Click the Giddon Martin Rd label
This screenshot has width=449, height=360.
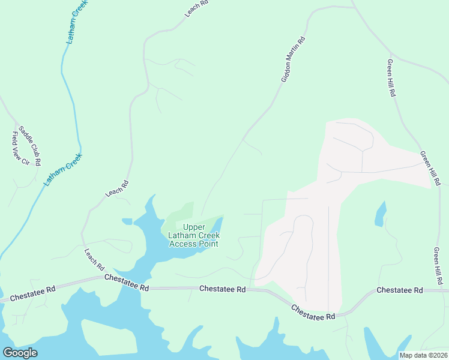(294, 59)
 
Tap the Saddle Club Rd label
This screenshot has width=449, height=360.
(29, 145)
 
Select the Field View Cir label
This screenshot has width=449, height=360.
(17, 148)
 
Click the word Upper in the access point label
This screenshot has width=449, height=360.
(193, 227)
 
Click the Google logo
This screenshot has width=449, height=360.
(20, 352)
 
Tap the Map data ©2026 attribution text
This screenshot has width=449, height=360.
(423, 355)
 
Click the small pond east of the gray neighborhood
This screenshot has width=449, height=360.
(380, 214)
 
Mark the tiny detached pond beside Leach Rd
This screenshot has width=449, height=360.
(127, 221)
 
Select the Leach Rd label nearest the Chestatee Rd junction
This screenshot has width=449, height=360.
(95, 259)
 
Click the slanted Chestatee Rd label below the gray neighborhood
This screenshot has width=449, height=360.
(313, 312)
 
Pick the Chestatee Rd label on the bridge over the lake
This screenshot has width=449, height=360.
(127, 283)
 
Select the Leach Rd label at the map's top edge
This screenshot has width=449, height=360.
(196, 8)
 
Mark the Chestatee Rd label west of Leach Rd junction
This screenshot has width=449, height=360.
(33, 292)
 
